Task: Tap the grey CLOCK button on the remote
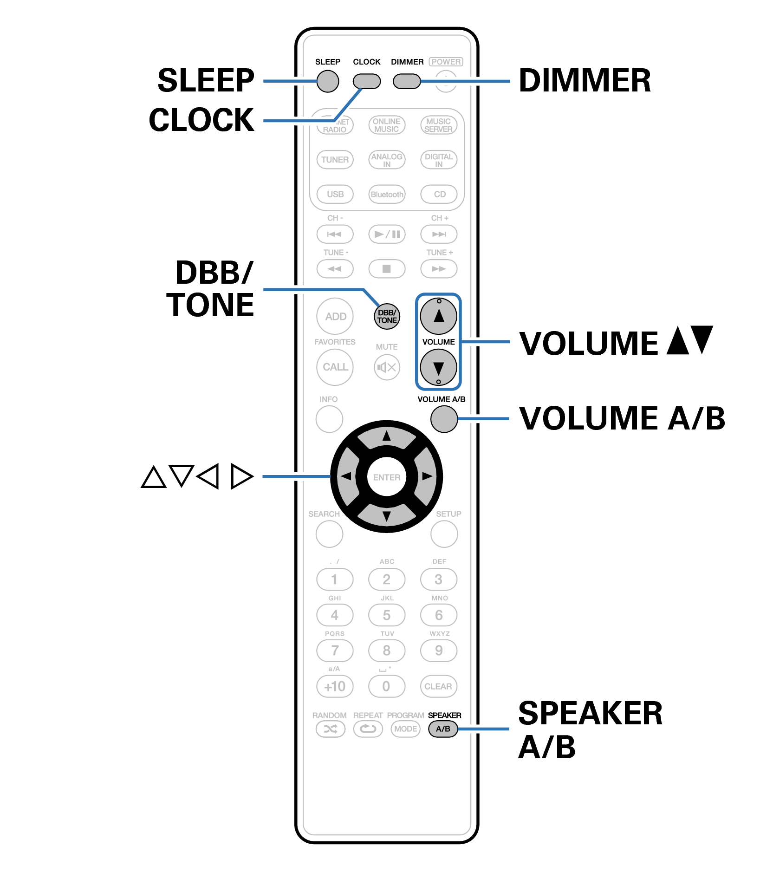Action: [366, 81]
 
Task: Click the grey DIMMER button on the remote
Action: [407, 81]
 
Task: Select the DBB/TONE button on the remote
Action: [387, 317]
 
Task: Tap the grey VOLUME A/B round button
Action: [444, 419]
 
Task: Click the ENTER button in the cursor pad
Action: [386, 477]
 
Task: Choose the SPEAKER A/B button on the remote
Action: [443, 729]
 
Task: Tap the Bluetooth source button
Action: [387, 194]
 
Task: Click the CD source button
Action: [439, 194]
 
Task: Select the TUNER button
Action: [335, 159]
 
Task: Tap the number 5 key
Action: [387, 615]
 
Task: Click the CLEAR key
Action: [438, 686]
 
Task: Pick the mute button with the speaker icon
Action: [387, 367]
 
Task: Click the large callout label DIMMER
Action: [585, 80]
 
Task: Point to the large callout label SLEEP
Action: [206, 80]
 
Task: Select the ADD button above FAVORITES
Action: [335, 316]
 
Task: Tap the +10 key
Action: [335, 686]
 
